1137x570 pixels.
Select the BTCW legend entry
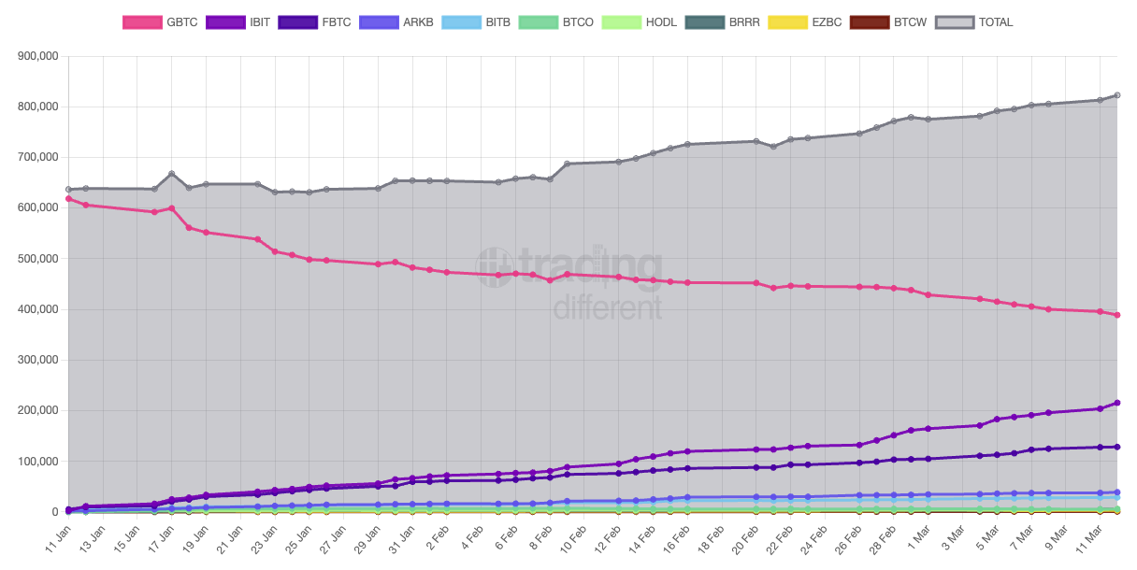coord(887,21)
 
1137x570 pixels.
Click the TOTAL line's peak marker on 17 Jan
coord(171,174)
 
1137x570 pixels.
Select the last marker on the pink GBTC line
coord(1117,315)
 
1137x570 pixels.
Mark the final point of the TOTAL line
coord(1117,95)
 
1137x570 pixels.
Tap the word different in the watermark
coord(608,306)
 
